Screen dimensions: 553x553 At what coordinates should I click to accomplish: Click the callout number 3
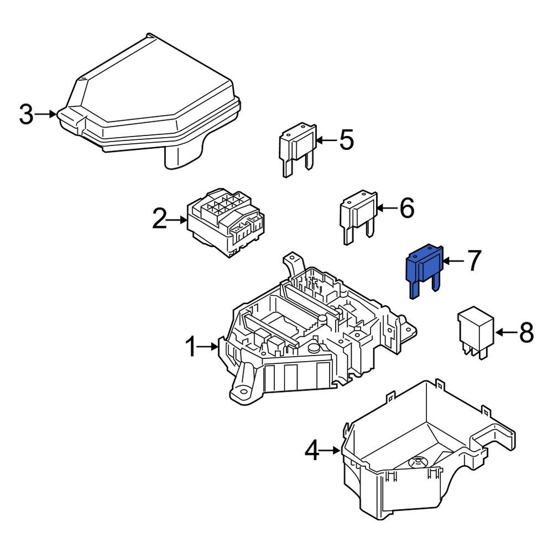27,114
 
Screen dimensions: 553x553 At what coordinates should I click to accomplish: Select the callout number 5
346,140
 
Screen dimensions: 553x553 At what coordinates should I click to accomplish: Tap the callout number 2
160,219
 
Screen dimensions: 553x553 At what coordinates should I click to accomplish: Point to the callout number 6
407,208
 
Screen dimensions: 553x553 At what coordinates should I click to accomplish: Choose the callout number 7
474,260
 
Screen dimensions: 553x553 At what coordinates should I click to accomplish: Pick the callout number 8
526,332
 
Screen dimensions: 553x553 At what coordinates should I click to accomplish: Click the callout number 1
190,347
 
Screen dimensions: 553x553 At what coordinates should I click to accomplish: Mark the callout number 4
312,450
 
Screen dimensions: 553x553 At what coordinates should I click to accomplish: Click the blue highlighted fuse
424,270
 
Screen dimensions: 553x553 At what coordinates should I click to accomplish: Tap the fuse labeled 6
358,217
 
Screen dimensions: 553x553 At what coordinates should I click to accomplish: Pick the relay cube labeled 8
476,333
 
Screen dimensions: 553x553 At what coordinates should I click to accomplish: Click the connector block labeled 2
226,222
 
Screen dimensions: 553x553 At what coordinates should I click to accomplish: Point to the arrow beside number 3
45,114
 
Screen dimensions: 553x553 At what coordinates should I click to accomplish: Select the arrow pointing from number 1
208,347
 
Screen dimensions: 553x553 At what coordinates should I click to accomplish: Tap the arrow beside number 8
506,332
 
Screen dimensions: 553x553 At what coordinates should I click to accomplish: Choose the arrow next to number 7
454,261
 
